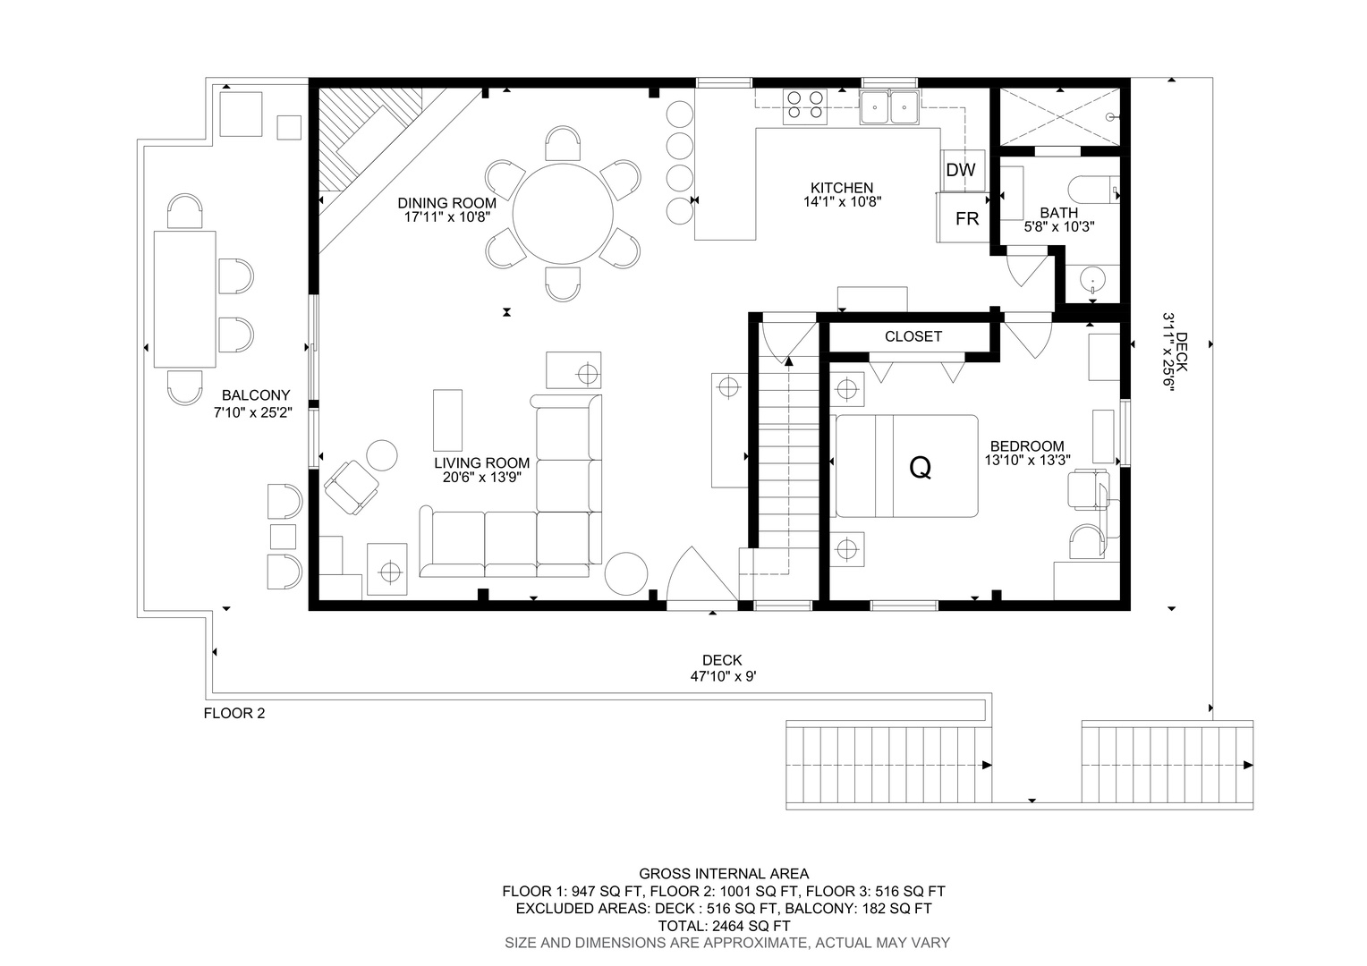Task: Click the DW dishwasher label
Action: (961, 170)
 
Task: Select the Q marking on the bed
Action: (921, 468)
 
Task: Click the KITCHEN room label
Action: (842, 188)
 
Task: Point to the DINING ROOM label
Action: (446, 203)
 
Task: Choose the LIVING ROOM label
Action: (482, 463)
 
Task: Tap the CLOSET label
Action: (913, 336)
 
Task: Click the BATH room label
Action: (1059, 213)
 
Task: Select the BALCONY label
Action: (256, 395)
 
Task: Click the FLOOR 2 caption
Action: (234, 714)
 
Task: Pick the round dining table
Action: (563, 214)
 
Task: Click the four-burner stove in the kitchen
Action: (805, 106)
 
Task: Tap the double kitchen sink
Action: (890, 107)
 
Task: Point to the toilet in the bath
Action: (1093, 190)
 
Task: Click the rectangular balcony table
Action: (185, 299)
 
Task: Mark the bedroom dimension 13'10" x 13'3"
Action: (1028, 460)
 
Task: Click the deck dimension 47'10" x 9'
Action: (723, 676)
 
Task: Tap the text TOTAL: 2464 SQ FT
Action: (724, 926)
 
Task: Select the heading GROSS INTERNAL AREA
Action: (724, 874)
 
